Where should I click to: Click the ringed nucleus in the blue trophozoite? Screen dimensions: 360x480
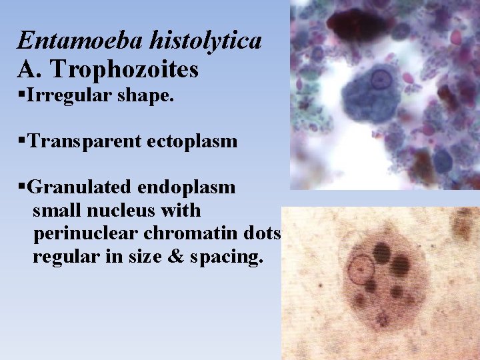[x=381, y=79]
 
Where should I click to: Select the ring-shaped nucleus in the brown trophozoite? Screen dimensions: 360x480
[x=359, y=269]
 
